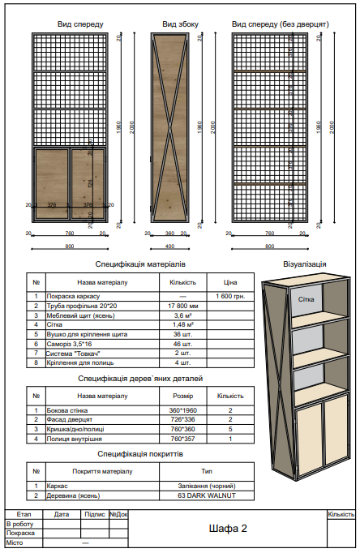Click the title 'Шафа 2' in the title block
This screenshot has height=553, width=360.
[x=228, y=529]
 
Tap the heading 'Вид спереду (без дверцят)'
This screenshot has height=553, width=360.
[x=280, y=25]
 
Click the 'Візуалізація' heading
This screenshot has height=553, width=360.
[x=305, y=264]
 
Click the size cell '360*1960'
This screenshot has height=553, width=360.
[x=182, y=411]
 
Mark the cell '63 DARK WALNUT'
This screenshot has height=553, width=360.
[x=207, y=495]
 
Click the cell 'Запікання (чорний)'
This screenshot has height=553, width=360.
[x=207, y=486]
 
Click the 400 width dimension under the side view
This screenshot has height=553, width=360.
[x=170, y=246]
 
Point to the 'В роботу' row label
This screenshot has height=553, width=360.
[x=20, y=525]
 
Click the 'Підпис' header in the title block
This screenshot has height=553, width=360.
[x=94, y=514]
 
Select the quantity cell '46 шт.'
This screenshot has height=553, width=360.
[x=182, y=344]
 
